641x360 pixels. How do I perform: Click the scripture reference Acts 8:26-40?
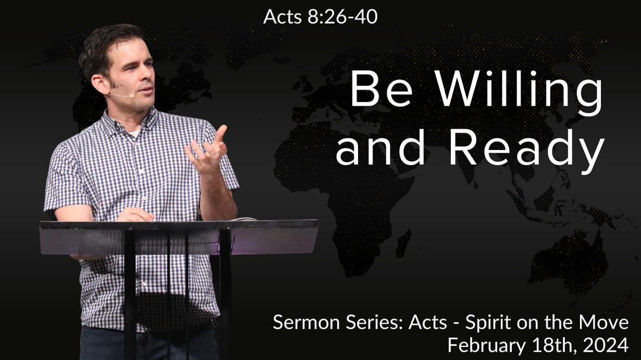[320, 17]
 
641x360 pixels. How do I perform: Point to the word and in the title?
[380, 147]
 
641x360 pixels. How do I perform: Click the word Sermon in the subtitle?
[307, 322]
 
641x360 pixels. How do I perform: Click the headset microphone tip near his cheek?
[131, 95]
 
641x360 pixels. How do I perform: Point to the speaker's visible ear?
[100, 85]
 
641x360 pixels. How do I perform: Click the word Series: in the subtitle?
[375, 322]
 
